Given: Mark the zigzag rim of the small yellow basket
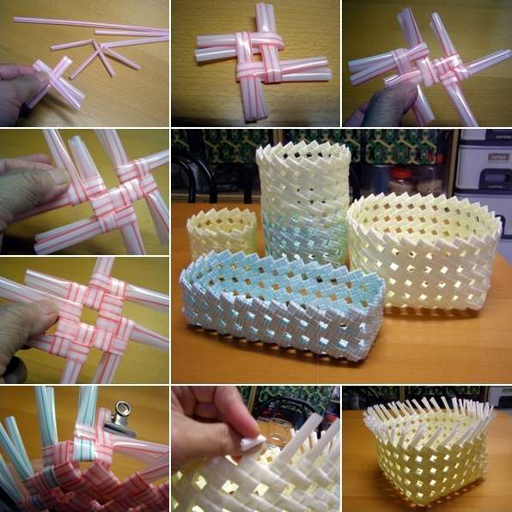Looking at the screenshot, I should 222,215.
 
